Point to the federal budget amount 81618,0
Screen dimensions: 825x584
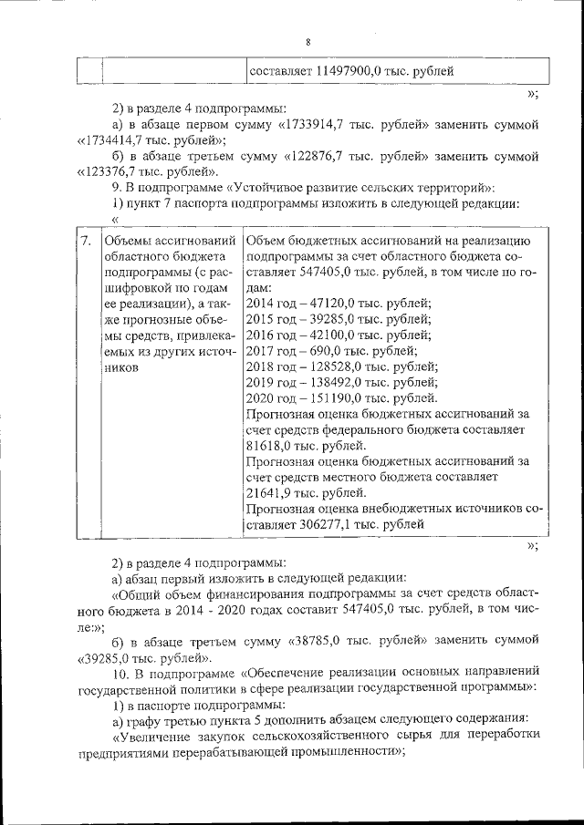(x=274, y=446)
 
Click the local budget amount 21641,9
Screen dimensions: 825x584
(x=274, y=493)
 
